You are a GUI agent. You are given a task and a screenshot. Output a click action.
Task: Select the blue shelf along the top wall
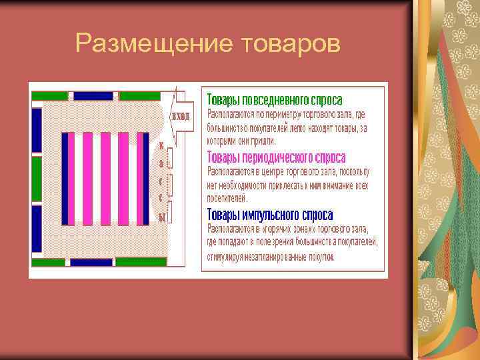[93, 96]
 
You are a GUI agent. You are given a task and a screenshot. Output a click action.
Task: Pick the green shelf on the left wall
[37, 179]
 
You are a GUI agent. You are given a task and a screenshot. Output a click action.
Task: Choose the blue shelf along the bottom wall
[91, 263]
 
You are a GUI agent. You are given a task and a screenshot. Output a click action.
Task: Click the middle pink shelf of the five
[105, 179]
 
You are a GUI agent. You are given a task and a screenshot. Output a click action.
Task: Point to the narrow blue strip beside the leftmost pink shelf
[65, 179]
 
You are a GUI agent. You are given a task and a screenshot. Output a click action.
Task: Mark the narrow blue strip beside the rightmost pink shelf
[145, 179]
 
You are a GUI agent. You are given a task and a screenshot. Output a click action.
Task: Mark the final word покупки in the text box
[321, 256]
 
